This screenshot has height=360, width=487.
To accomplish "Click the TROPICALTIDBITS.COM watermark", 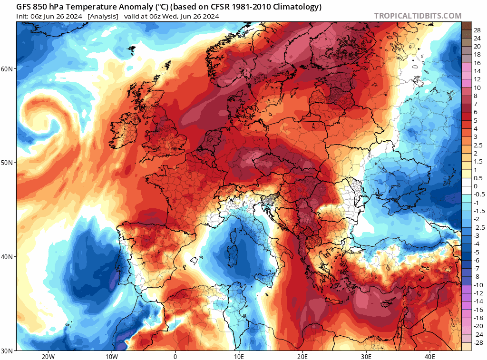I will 418,16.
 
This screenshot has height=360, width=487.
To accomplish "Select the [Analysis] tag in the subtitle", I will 103,16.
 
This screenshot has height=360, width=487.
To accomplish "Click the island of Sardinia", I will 234,252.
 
